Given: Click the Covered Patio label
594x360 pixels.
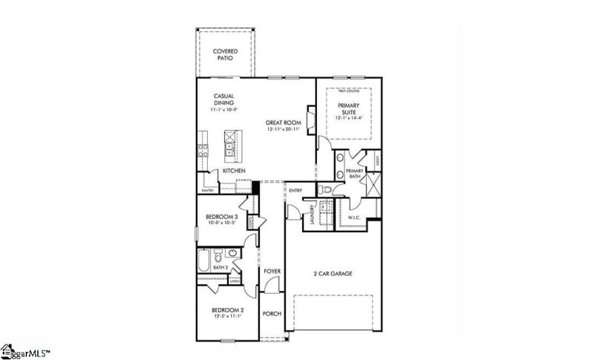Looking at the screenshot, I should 225,54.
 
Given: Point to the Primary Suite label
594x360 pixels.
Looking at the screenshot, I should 348,110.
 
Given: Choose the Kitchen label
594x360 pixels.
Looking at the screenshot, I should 234,171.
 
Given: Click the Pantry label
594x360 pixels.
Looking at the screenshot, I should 207,190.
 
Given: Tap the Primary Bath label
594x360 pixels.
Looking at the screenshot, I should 355,174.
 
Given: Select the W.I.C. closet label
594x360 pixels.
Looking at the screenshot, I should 355,217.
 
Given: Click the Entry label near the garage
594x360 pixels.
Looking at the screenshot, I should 296,190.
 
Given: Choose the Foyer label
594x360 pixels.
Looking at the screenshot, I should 272,272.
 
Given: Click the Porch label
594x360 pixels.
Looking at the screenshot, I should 272,313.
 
